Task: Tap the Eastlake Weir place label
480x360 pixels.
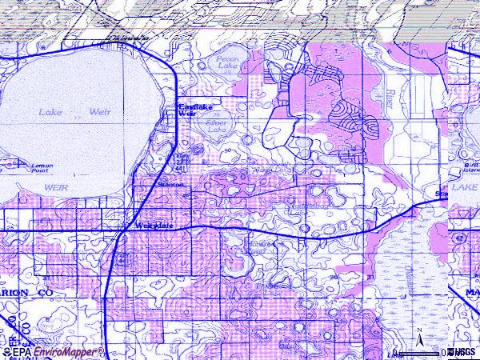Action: click(x=188, y=110)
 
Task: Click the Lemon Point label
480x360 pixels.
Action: click(x=42, y=168)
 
